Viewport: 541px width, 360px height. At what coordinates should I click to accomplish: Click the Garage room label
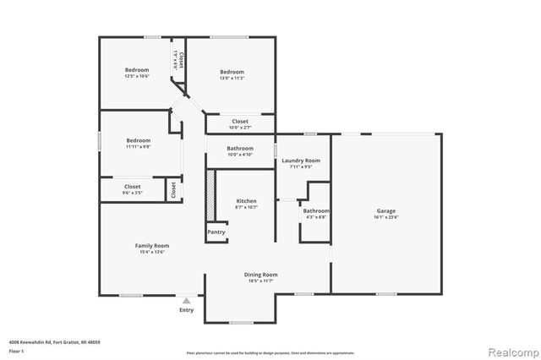point(385,210)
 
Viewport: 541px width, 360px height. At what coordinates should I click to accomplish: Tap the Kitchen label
point(246,201)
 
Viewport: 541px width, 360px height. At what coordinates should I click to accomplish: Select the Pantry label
point(216,232)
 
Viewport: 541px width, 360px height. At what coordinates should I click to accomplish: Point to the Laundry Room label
point(301,161)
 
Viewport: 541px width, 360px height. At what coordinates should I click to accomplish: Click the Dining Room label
point(260,275)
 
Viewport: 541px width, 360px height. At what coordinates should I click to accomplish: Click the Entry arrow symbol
point(187,300)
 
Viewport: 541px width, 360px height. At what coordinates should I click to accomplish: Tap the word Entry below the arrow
point(187,310)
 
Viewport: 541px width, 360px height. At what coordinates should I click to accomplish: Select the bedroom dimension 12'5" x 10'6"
point(138,77)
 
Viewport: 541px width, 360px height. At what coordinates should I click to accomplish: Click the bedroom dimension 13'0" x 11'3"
point(232,79)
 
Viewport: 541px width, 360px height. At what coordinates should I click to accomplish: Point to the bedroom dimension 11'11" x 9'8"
point(139,147)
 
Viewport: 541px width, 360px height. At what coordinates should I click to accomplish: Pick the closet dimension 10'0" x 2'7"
point(240,128)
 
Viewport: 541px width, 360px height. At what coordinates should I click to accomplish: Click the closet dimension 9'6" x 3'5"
point(133,193)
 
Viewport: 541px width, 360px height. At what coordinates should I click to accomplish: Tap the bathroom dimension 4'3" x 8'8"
point(317,217)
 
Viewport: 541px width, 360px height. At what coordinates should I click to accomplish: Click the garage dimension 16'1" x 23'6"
point(385,217)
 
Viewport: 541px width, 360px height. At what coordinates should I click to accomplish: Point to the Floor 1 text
point(16,350)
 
